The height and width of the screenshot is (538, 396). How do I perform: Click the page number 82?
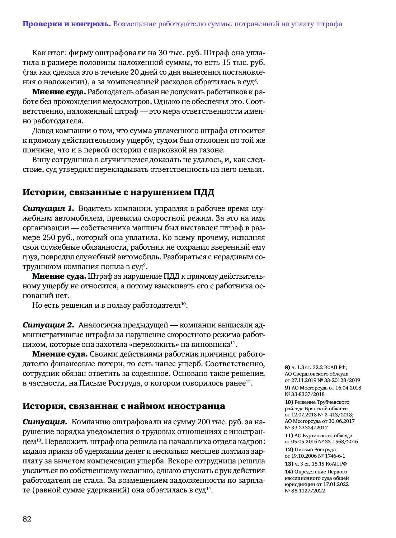27,519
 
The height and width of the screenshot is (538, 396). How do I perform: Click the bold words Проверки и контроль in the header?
66,24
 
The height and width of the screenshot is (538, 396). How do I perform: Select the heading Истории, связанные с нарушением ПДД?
118,192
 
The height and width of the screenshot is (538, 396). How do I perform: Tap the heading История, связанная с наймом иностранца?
124,406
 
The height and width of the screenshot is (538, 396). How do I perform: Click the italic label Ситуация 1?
48,208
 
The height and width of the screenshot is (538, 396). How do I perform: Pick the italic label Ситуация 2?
48,325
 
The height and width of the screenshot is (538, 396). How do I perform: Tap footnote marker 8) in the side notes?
287,367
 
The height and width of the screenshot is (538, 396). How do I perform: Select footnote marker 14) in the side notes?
289,472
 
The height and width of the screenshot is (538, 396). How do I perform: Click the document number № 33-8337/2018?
305,394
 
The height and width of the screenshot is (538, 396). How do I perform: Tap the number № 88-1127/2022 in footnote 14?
305,491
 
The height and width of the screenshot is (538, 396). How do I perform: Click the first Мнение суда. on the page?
59,92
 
